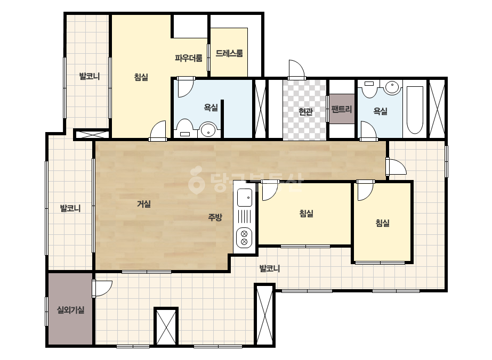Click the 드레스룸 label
coord(229,53)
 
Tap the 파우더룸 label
coord(189,58)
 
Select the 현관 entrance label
coord(305,111)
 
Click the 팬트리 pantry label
coord(342,109)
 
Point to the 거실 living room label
coord(144,204)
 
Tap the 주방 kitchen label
coord(215,217)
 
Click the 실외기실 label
coord(70,310)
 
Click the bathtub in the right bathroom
coord(415,110)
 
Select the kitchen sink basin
coord(245,198)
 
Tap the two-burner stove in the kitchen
coord(245,238)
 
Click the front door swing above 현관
coord(296,69)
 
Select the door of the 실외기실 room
coord(102,289)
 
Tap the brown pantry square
coord(342,109)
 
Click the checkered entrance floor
coord(305,110)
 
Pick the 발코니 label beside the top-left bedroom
coord(90,76)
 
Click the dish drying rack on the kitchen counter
coord(245,217)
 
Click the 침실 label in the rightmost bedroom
coord(383,223)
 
